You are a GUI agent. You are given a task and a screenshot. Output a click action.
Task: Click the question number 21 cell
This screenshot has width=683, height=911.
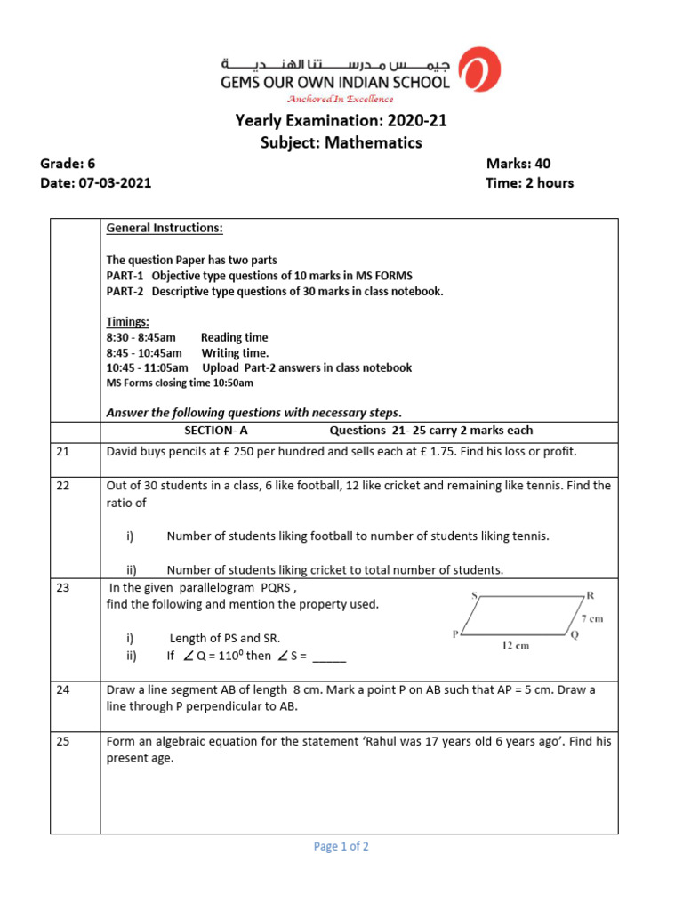click(62, 452)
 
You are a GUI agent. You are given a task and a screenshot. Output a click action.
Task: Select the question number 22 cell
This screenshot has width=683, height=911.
click(62, 486)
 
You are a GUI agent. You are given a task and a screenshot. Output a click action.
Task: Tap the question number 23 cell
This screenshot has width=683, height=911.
click(62, 587)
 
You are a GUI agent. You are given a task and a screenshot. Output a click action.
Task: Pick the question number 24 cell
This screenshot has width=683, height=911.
click(62, 689)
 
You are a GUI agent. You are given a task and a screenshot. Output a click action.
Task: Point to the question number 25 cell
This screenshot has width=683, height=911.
click(62, 741)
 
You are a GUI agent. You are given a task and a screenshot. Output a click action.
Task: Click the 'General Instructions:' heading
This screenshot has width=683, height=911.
click(165, 229)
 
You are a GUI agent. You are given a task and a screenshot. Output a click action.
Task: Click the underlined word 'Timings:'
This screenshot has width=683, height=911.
click(128, 321)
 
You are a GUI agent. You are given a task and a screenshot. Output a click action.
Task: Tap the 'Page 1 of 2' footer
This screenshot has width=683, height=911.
click(341, 847)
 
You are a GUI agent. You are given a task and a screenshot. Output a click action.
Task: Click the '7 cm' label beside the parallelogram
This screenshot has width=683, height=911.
click(591, 618)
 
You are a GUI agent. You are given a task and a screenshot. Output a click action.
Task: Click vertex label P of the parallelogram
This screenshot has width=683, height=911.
click(455, 634)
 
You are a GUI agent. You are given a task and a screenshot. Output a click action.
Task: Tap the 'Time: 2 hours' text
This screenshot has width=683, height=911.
click(530, 183)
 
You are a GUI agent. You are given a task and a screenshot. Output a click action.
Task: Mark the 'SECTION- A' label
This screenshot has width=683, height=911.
click(215, 431)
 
